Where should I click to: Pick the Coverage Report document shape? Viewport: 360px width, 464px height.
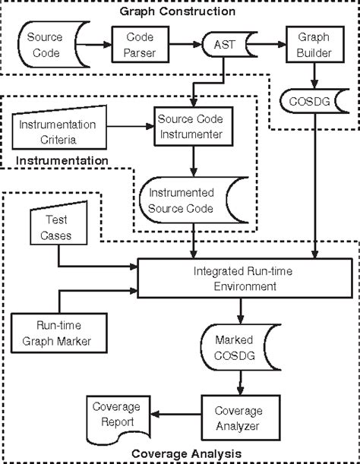[x=113, y=416]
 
